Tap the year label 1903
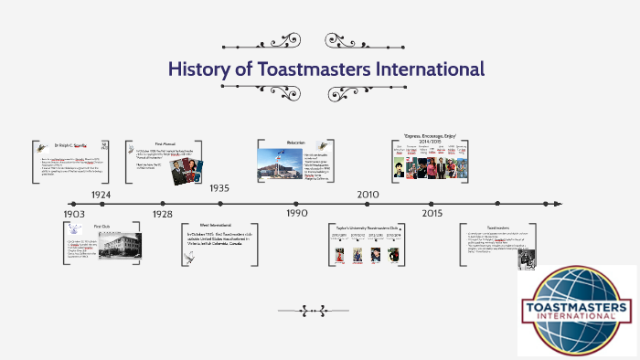[x=74, y=214]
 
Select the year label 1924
[x=101, y=195]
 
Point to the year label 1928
[x=162, y=214]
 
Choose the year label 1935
[x=219, y=188]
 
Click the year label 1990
[x=296, y=213]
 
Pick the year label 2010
[x=368, y=195]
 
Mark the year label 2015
[x=432, y=213]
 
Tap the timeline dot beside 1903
[x=73, y=204]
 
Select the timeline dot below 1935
[x=219, y=204]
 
